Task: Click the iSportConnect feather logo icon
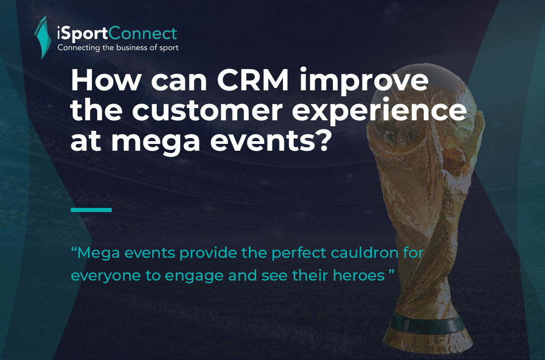tap(43, 38)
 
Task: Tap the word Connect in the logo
tap(142, 33)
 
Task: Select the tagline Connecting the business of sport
tap(118, 48)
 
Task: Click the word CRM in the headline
tap(253, 80)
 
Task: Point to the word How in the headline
tap(105, 80)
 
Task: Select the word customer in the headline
tap(207, 111)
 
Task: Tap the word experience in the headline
tap(379, 112)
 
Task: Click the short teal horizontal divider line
tap(91, 210)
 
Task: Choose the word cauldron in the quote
tap(364, 253)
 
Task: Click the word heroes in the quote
tap(359, 276)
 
